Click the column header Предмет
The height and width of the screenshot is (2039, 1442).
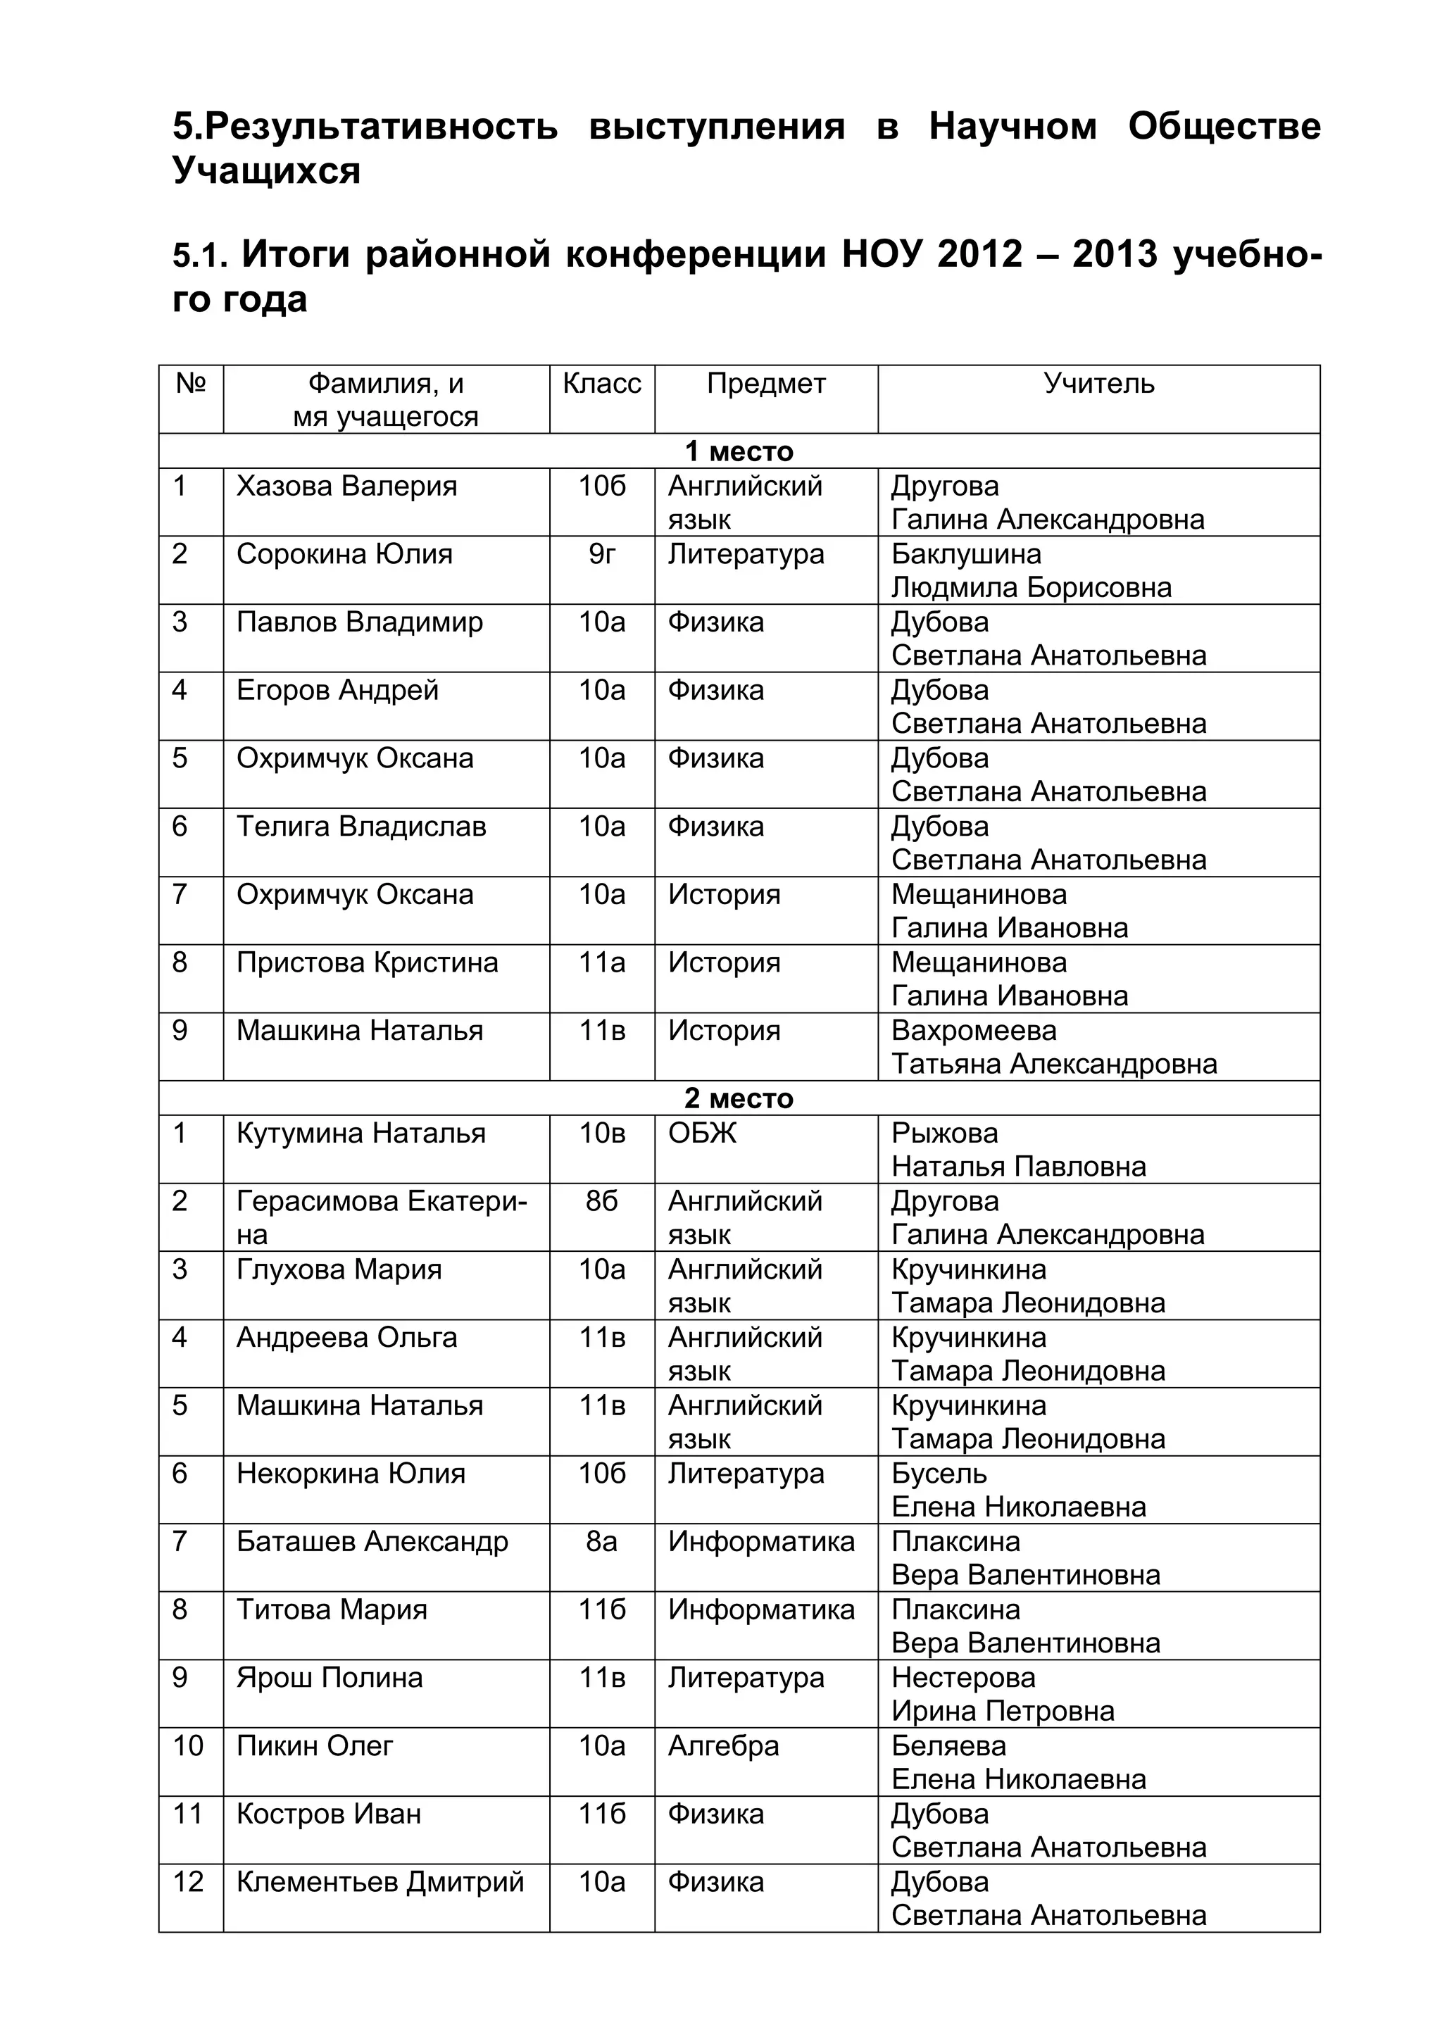pyautogui.click(x=765, y=384)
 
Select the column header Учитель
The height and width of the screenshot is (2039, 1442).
pyautogui.click(x=1098, y=384)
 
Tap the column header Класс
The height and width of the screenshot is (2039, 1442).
pyautogui.click(x=602, y=384)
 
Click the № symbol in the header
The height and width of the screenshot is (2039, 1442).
pyautogui.click(x=191, y=384)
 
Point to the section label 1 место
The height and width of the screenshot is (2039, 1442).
pyautogui.click(x=739, y=451)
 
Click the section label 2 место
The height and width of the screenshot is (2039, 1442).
pyautogui.click(x=739, y=1098)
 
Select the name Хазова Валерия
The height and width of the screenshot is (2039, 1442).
pyautogui.click(x=346, y=487)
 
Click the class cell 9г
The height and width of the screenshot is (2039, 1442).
pyautogui.click(x=602, y=554)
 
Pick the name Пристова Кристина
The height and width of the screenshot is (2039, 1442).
pyautogui.click(x=367, y=962)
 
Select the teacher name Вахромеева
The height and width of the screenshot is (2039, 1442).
pyautogui.click(x=973, y=1031)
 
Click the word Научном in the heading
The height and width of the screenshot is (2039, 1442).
pyautogui.click(x=1012, y=126)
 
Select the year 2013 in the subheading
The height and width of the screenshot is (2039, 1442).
pyautogui.click(x=1115, y=255)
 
